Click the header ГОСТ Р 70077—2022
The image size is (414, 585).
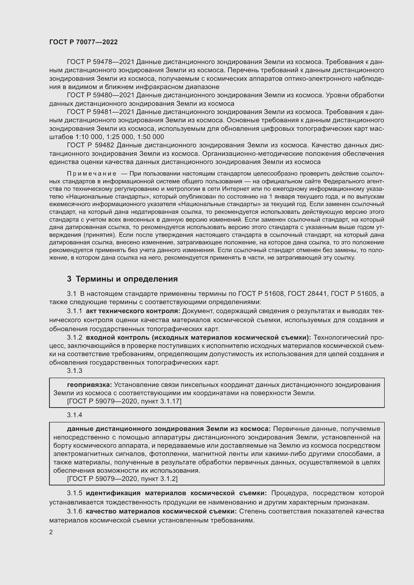tap(83, 42)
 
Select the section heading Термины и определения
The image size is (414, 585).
tap(127, 279)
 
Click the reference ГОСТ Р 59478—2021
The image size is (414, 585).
tap(100, 62)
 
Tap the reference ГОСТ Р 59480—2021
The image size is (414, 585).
tap(100, 95)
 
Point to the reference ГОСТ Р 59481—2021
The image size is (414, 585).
tap(100, 112)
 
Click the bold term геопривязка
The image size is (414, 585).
tap(89, 385)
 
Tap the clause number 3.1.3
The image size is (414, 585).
tap(74, 371)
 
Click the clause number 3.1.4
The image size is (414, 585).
tap(74, 415)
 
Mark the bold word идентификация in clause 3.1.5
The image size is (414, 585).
tap(113, 493)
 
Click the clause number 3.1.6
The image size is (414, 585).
tap(74, 511)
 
